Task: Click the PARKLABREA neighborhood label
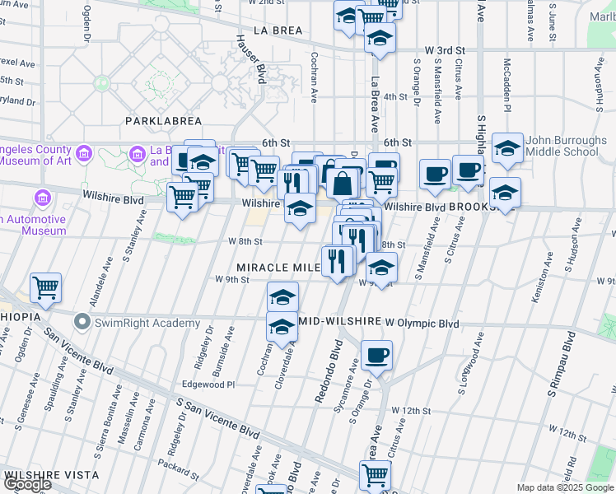pos(159,121)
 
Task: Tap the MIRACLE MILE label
pos(277,268)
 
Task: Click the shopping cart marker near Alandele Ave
pos(46,287)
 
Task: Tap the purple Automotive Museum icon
pos(42,198)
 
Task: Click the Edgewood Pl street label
pos(208,384)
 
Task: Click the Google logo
pos(27,484)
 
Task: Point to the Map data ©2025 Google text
pos(565,487)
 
